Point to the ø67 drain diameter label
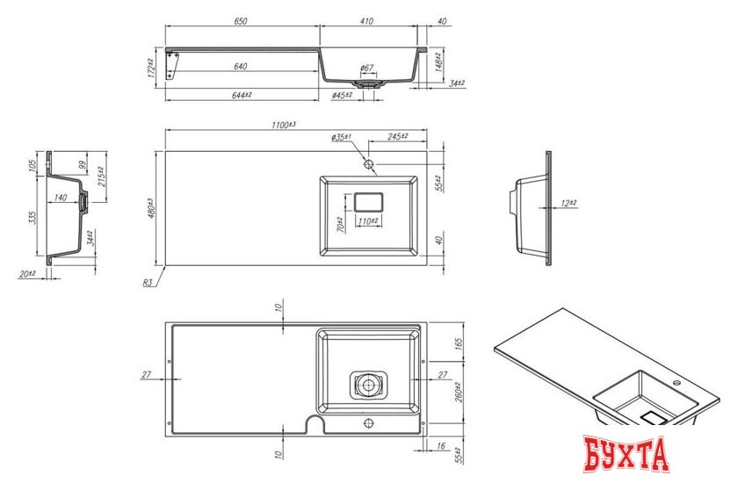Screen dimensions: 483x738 tap(366, 68)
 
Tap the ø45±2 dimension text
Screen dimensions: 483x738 tap(342, 95)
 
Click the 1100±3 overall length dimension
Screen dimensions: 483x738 tap(284, 126)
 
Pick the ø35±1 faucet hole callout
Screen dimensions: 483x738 tap(342, 138)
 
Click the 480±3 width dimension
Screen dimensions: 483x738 tap(151, 209)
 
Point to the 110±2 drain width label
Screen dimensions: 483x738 tap(368, 221)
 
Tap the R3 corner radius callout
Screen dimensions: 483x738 tap(149, 283)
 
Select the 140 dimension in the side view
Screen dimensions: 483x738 tap(61, 198)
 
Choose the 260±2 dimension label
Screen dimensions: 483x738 tap(458, 390)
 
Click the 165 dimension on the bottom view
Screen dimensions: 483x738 tap(458, 343)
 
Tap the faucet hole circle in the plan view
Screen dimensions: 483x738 tap(369, 164)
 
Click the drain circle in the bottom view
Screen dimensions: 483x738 tap(368, 384)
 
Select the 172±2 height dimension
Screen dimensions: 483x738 tap(151, 68)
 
